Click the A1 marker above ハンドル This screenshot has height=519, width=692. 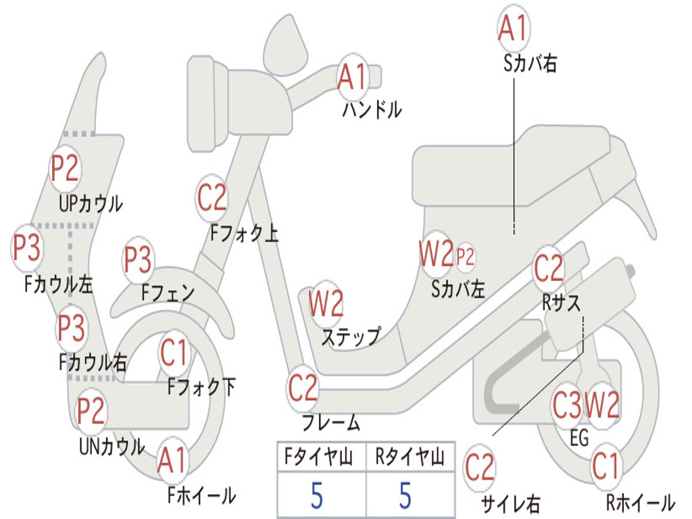click(353, 77)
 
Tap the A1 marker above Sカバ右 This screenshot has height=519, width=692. click(514, 28)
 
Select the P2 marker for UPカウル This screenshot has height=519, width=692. click(65, 168)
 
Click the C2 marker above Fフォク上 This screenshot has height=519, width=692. click(212, 198)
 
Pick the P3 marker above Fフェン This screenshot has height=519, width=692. click(138, 259)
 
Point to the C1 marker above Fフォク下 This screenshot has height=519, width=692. click(174, 353)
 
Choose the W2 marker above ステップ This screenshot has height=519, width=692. click(326, 303)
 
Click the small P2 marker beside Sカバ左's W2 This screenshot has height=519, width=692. click(465, 256)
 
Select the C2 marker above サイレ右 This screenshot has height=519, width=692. click(480, 468)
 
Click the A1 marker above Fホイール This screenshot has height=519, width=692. click(172, 460)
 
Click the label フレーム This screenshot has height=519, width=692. click(331, 423)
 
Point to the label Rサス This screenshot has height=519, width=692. click(561, 303)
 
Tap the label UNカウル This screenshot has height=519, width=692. click(112, 446)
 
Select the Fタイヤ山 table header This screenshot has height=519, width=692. click(319, 457)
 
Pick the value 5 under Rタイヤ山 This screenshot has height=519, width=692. click(405, 495)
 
